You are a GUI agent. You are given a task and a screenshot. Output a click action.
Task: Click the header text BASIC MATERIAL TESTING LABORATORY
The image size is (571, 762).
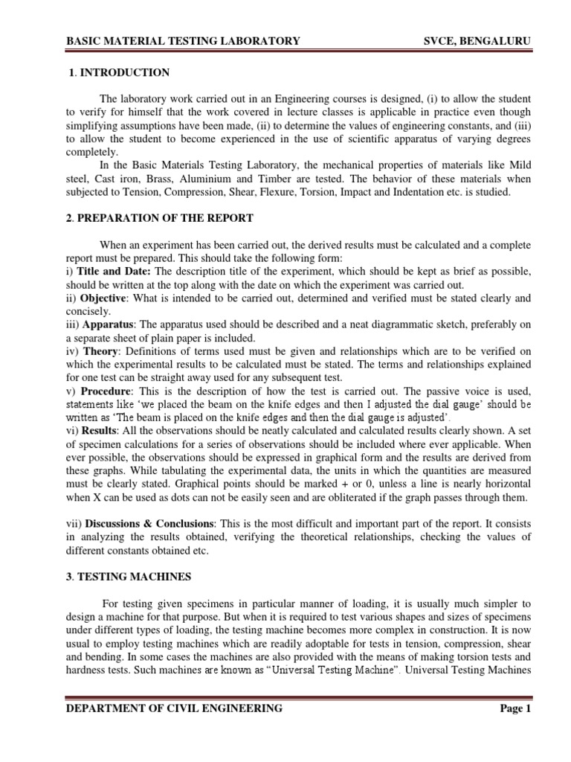(x=183, y=42)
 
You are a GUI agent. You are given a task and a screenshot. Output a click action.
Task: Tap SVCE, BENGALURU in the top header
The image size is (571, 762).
(x=475, y=42)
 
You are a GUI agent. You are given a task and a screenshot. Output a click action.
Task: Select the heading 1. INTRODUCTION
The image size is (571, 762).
(x=119, y=73)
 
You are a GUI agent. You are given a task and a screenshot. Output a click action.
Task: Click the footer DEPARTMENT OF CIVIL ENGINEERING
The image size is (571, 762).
(x=175, y=708)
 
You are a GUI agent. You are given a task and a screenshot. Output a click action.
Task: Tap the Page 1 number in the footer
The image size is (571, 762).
(x=514, y=708)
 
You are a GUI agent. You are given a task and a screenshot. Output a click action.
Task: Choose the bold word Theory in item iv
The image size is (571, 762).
(x=100, y=351)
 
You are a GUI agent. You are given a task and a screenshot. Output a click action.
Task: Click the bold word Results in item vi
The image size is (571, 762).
(x=99, y=431)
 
